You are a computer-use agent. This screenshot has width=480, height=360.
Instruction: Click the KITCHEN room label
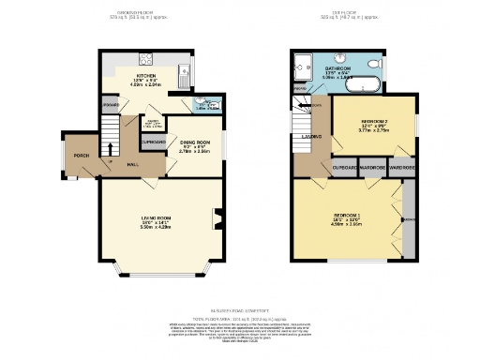coord(146,76)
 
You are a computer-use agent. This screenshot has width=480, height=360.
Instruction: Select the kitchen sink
coord(185,71)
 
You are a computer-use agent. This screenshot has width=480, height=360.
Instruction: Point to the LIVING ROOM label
coord(152,221)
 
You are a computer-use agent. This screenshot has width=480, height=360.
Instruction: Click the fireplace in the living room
coord(218,219)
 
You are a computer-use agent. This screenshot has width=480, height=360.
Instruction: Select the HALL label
coord(133,165)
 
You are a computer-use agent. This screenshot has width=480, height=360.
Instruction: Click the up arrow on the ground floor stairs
coord(112,148)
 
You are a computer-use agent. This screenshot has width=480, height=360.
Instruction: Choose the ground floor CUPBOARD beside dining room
coord(153,142)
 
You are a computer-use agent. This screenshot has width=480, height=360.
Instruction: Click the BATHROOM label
coord(338,69)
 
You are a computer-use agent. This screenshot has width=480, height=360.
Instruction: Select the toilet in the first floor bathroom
coord(375,64)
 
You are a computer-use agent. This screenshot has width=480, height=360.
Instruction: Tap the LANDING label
coord(313,138)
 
